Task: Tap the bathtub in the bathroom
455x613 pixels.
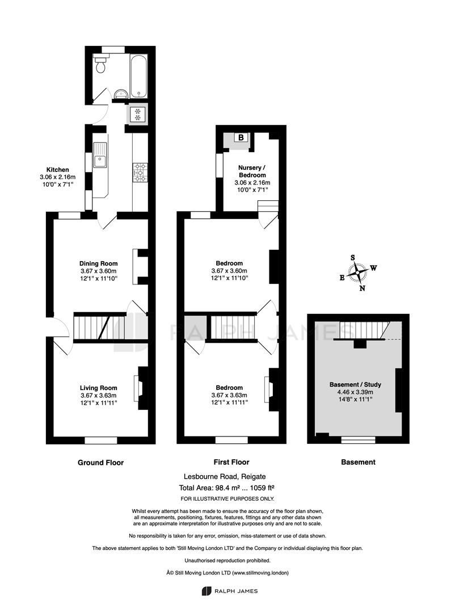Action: [138, 76]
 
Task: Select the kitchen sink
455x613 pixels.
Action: [100, 155]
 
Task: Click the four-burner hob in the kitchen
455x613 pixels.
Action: [140, 173]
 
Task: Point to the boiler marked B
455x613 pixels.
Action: [241, 137]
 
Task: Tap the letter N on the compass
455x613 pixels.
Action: [363, 288]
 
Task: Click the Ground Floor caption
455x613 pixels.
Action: [100, 463]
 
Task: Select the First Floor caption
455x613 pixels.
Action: [231, 462]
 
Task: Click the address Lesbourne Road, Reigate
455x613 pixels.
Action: [225, 477]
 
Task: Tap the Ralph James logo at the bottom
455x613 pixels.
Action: [230, 591]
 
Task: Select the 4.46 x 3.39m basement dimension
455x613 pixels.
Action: [355, 392]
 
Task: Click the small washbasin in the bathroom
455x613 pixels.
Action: [120, 94]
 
